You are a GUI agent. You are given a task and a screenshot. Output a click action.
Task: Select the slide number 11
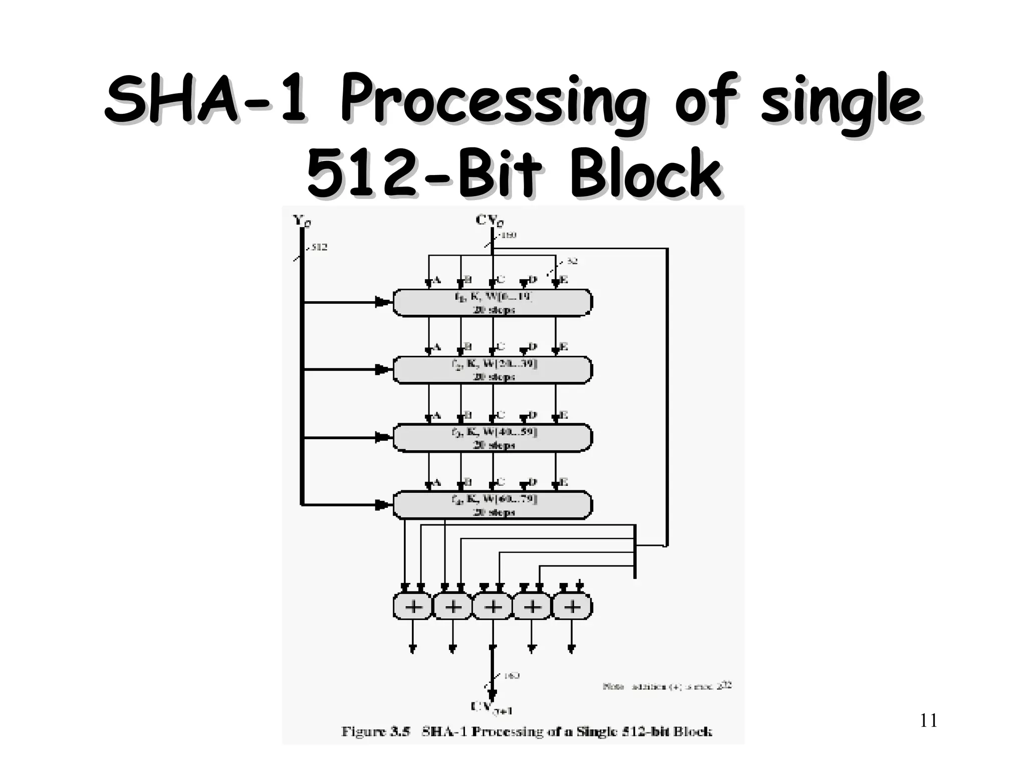pyautogui.click(x=928, y=721)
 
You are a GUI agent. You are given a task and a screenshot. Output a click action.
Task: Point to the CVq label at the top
pyautogui.click(x=489, y=221)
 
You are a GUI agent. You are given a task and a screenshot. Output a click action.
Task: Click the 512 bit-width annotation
pyautogui.click(x=319, y=247)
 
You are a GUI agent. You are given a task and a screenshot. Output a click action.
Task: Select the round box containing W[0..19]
pyautogui.click(x=492, y=303)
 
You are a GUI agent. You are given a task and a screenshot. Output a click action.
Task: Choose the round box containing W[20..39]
pyautogui.click(x=492, y=370)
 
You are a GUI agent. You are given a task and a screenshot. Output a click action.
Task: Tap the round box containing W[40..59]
pyautogui.click(x=492, y=438)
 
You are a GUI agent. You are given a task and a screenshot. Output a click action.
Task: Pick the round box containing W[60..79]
pyautogui.click(x=492, y=505)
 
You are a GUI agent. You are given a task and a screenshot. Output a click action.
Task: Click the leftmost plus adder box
pyautogui.click(x=413, y=607)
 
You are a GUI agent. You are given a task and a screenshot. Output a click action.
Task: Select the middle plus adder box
pyautogui.click(x=493, y=607)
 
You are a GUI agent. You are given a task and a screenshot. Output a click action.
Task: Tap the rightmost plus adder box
pyautogui.click(x=572, y=607)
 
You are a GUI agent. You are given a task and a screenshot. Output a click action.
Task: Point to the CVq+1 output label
pyautogui.click(x=491, y=708)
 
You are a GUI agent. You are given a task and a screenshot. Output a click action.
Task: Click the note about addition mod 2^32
pyautogui.click(x=667, y=686)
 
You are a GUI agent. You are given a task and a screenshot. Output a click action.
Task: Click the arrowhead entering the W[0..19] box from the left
pyautogui.click(x=383, y=302)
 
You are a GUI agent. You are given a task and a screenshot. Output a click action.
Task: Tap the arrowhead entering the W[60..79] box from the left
pyautogui.click(x=383, y=505)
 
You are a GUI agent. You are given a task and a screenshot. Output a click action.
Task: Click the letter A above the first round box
pyautogui.click(x=436, y=280)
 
